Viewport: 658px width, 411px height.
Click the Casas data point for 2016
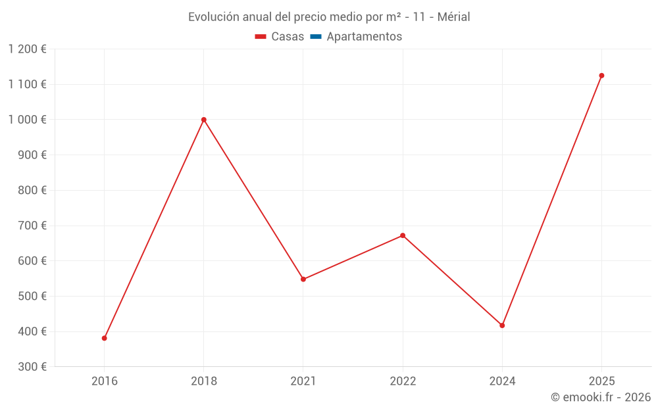click(x=104, y=338)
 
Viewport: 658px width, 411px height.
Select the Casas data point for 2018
click(x=203, y=120)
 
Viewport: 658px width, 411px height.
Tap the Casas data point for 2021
click(x=303, y=279)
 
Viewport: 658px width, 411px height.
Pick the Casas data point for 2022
click(x=403, y=235)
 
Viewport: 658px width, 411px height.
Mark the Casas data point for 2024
click(x=502, y=326)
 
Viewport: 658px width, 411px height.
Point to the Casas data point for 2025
click(x=601, y=76)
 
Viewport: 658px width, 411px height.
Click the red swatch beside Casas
click(x=261, y=37)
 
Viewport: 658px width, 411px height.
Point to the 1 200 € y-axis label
click(x=27, y=49)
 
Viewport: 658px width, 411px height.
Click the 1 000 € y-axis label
click(x=27, y=120)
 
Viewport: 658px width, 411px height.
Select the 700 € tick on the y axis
click(x=34, y=226)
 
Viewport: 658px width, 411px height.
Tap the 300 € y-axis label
click(x=34, y=367)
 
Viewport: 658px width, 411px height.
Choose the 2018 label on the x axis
click(x=203, y=381)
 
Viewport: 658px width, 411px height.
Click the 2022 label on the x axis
click(x=403, y=381)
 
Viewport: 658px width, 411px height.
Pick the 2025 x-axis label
click(x=601, y=381)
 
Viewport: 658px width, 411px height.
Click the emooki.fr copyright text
click(x=601, y=397)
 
